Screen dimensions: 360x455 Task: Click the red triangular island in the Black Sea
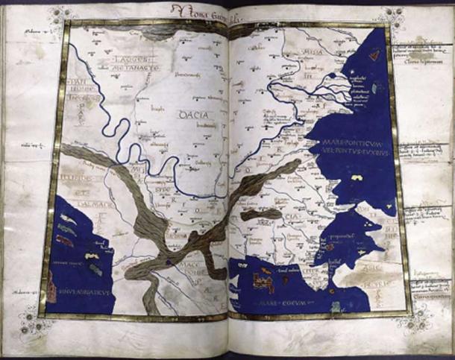coord(374,54)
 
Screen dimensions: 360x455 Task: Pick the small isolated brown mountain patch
coord(261,215)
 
